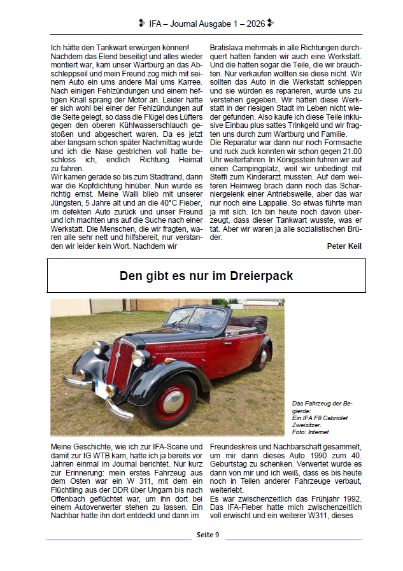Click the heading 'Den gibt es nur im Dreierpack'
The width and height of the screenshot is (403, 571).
point(206,276)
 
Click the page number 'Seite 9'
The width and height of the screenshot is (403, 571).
point(208,534)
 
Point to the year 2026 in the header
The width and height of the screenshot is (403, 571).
point(255,24)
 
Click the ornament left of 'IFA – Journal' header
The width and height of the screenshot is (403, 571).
point(141,24)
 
